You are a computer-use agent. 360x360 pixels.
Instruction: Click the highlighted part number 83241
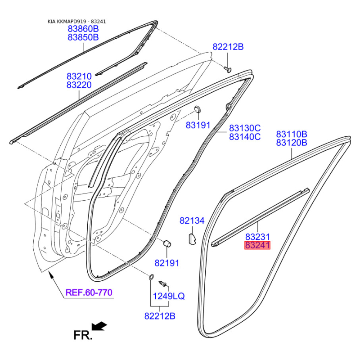click(x=257, y=245)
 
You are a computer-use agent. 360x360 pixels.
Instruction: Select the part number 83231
click(x=257, y=237)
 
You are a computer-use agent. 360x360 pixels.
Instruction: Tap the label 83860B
click(x=83, y=29)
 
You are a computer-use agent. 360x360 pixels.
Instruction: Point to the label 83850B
click(x=83, y=37)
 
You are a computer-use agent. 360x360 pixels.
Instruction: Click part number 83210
click(x=79, y=76)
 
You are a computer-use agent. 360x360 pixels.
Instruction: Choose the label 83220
click(x=79, y=85)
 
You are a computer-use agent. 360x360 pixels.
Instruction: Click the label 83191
click(x=198, y=125)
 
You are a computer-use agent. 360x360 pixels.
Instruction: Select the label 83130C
click(x=245, y=128)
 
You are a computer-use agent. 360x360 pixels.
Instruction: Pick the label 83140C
click(x=245, y=137)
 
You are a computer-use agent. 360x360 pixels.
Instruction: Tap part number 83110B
click(x=292, y=134)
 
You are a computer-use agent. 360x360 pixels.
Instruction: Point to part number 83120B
click(x=292, y=143)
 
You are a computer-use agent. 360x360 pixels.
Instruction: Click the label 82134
click(x=192, y=220)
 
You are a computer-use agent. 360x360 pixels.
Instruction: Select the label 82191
click(x=166, y=263)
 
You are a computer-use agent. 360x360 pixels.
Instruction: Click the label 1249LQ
click(x=169, y=296)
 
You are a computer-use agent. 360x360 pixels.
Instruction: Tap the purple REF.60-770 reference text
click(x=89, y=292)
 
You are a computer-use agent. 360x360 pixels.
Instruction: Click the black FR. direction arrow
click(x=99, y=326)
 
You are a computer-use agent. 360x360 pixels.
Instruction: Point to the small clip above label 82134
click(x=192, y=239)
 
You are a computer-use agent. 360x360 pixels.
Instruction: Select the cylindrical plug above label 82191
click(x=167, y=243)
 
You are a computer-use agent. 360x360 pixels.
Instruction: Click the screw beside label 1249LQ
click(x=162, y=283)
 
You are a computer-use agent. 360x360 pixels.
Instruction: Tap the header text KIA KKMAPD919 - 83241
click(x=76, y=22)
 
